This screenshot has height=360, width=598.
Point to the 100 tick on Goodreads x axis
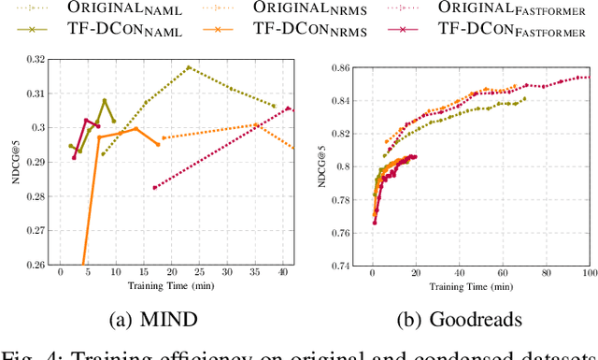click(x=588, y=273)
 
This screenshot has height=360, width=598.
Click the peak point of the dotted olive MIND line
click(x=189, y=67)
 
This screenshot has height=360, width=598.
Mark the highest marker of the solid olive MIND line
click(x=105, y=100)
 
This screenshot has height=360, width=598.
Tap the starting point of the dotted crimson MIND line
click(x=155, y=187)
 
